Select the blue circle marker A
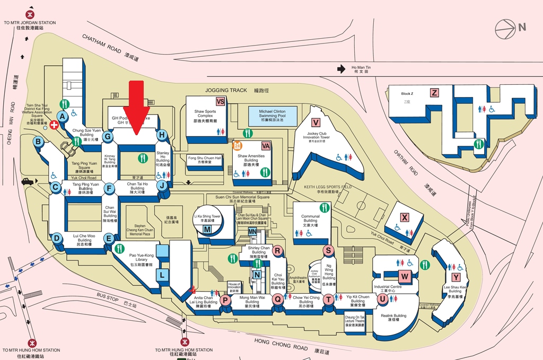coord(63,116)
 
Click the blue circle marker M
coord(207,229)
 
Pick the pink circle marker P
coord(225,300)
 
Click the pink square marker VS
coord(220,102)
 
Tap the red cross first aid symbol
coord(54,126)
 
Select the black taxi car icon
coord(28,182)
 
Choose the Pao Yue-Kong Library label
coord(141,260)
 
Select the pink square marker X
coord(405,217)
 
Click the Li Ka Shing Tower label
coord(208,216)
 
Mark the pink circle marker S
coord(329,251)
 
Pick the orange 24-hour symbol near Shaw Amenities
coord(238,146)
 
